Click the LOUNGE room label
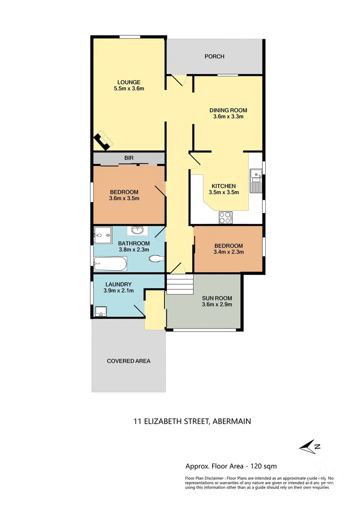129,82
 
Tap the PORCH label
214,57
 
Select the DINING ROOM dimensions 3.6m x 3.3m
228,117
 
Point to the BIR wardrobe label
129,158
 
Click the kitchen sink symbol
256,181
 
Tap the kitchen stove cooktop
225,217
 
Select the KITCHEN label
223,186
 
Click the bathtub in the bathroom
110,264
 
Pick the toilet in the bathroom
156,259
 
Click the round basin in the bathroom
137,230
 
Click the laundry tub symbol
101,312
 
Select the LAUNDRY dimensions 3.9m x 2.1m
118,291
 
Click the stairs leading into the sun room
180,285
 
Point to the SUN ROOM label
217,298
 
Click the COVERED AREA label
129,361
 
